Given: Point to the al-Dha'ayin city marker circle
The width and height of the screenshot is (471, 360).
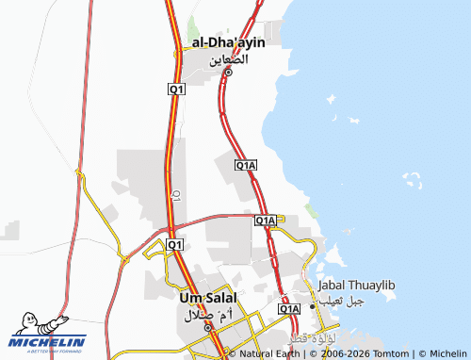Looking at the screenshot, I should coord(228,73).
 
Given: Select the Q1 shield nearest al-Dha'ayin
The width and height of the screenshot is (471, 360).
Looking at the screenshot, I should coord(177,89).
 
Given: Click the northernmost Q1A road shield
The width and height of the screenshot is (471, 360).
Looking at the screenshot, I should coord(246,166).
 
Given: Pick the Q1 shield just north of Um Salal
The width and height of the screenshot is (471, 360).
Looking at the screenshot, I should coord(174,245).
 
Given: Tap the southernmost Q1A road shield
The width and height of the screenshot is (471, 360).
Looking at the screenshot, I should coord(289,308).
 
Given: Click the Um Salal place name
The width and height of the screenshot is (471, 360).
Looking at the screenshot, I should coord(206,298).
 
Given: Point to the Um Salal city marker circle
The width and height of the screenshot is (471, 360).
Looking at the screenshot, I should coord(209,326).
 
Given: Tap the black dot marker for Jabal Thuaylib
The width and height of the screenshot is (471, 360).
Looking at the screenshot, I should coord(313,305).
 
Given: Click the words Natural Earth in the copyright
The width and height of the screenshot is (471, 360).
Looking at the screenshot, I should coord(269,354).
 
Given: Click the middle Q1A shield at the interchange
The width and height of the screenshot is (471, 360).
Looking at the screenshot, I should coord(266,221).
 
